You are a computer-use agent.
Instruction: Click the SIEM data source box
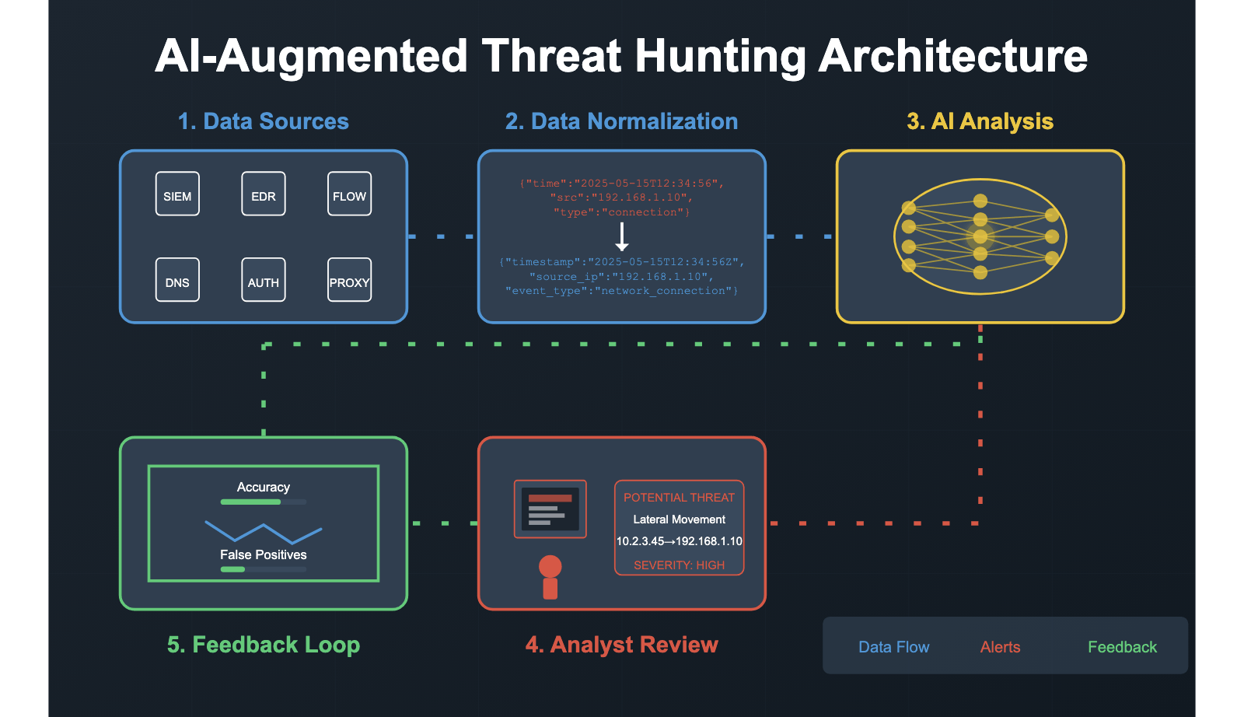tap(177, 194)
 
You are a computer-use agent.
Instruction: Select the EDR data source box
tap(264, 194)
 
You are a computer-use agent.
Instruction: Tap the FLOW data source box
tap(349, 194)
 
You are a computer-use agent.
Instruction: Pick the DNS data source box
tap(177, 280)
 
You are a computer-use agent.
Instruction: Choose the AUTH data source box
tap(264, 280)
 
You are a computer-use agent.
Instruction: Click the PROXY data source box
tap(349, 280)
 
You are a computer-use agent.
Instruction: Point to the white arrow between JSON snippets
tap(622, 236)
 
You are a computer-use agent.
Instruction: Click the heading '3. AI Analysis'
tap(980, 121)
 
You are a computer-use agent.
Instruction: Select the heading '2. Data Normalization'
tap(621, 121)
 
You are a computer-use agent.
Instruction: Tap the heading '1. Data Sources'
tap(263, 121)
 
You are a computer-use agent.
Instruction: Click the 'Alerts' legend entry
tap(1000, 647)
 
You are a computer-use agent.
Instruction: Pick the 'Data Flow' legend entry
tap(893, 647)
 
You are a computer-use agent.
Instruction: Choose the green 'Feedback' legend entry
tap(1122, 647)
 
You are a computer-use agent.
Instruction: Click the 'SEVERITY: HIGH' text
tap(679, 565)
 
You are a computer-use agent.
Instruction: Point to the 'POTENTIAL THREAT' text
tap(679, 498)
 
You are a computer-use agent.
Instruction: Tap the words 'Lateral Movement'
tap(679, 519)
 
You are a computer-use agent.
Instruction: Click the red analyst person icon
tap(550, 578)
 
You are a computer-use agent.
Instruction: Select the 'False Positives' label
tap(263, 554)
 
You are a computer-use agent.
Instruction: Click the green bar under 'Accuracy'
tap(251, 502)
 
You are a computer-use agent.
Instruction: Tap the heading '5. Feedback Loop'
tap(264, 645)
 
